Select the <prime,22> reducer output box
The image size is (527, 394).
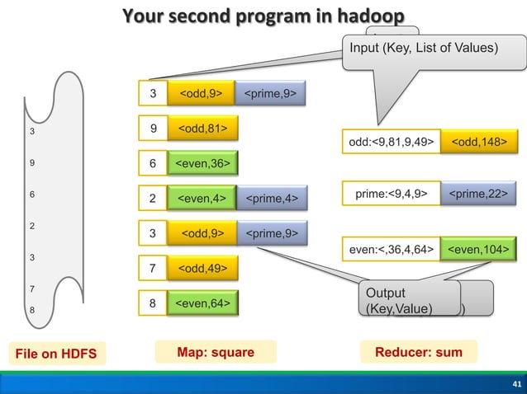(x=478, y=195)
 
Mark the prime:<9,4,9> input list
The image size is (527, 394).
(x=391, y=195)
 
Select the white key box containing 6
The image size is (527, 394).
(x=152, y=164)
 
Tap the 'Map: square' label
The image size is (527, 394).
(x=215, y=353)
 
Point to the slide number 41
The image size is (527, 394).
(x=513, y=384)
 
